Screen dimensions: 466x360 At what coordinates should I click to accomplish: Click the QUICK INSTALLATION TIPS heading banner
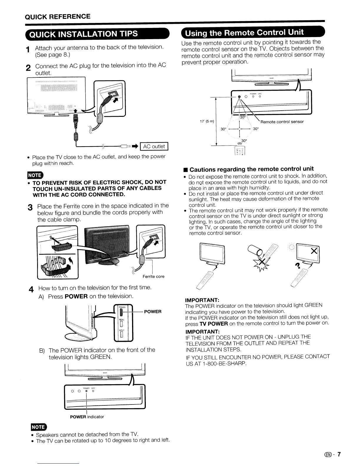click(97, 33)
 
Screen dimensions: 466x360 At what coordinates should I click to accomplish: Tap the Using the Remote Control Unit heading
click(252, 32)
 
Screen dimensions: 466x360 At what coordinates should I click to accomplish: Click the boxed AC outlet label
click(154, 147)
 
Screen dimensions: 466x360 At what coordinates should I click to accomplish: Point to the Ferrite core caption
click(154, 277)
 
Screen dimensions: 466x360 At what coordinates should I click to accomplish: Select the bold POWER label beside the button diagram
click(153, 312)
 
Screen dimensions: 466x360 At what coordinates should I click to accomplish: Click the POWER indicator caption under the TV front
click(87, 417)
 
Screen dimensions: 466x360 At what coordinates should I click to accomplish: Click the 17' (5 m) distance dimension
click(206, 121)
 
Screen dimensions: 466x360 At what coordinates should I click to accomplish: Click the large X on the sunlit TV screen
click(314, 251)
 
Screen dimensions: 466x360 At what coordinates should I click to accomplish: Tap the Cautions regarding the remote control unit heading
click(251, 169)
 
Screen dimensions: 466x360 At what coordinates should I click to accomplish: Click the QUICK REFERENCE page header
click(58, 16)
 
